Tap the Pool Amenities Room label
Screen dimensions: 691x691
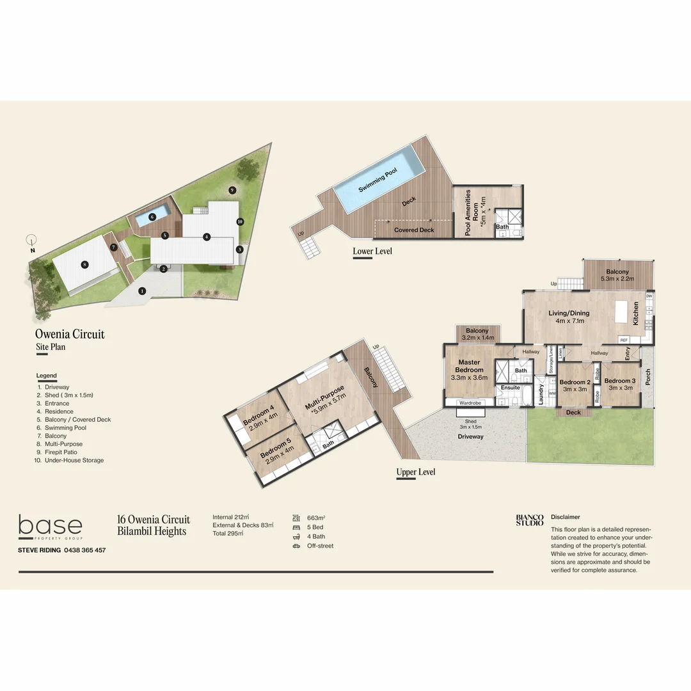coord(472,212)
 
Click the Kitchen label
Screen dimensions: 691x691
coord(636,314)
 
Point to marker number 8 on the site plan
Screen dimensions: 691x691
coord(84,264)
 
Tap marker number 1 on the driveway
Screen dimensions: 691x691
coord(142,290)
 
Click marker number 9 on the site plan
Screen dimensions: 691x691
coord(232,190)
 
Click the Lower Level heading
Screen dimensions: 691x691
coord(372,251)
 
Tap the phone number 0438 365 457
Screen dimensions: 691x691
coord(84,550)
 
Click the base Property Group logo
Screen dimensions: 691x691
coord(50,527)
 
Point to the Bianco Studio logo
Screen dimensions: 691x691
coord(530,520)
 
